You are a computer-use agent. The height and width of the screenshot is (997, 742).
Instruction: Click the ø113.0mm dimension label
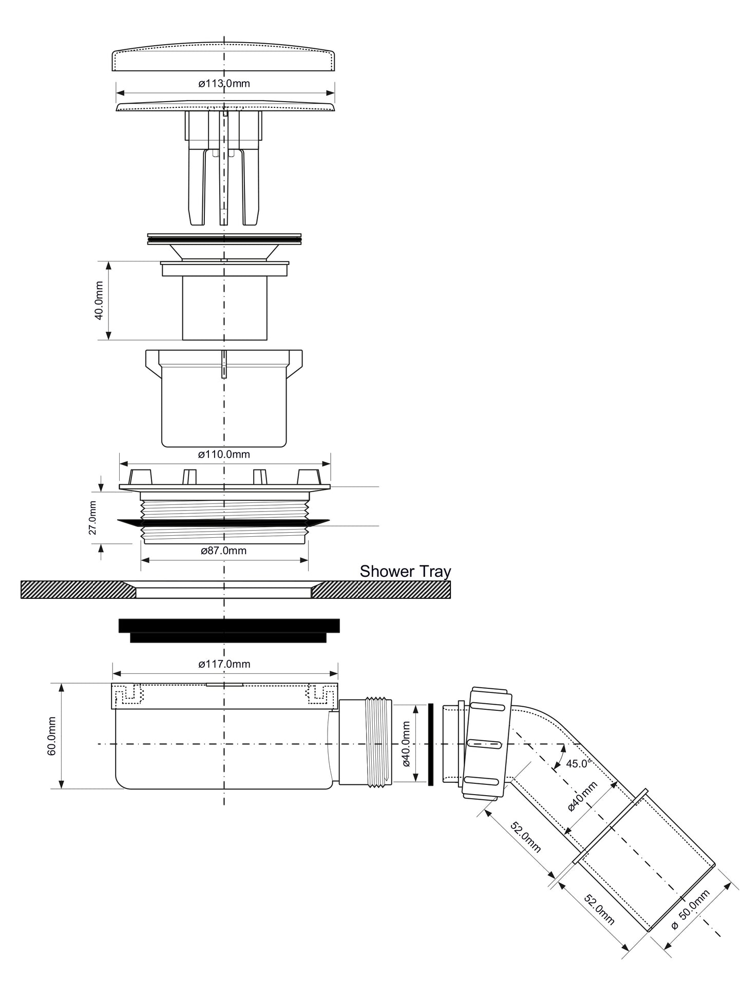click(x=224, y=83)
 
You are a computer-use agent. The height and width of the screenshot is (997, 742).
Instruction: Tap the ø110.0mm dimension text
click(x=224, y=454)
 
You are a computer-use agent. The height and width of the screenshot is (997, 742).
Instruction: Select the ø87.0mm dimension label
click(x=223, y=551)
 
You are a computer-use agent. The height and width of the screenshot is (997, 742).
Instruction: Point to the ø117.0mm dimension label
click(x=224, y=664)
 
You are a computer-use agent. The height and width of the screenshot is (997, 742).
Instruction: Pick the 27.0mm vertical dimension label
click(x=92, y=518)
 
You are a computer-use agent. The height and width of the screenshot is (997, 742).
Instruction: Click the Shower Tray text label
click(x=405, y=571)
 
